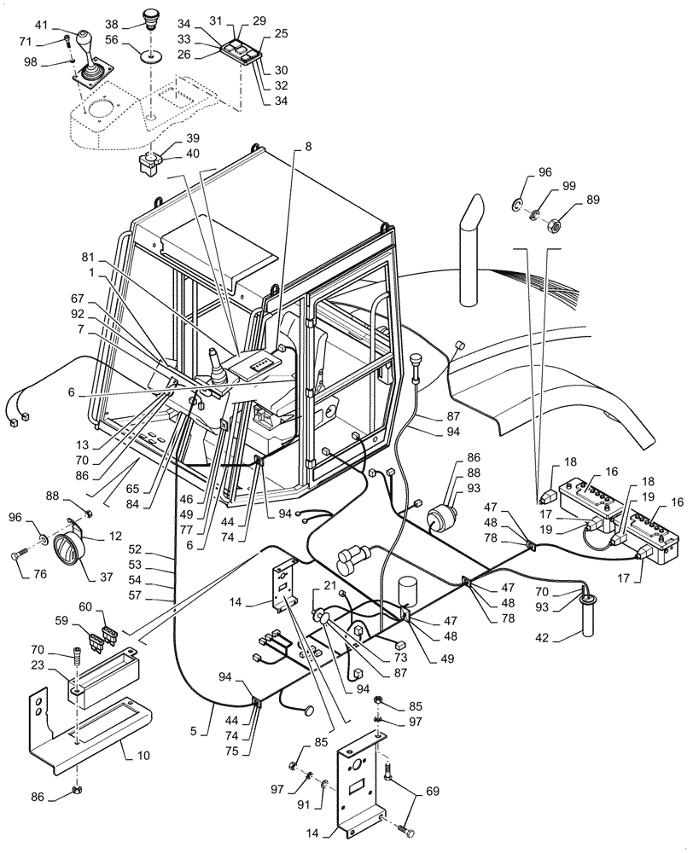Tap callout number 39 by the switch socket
point(170,138)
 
